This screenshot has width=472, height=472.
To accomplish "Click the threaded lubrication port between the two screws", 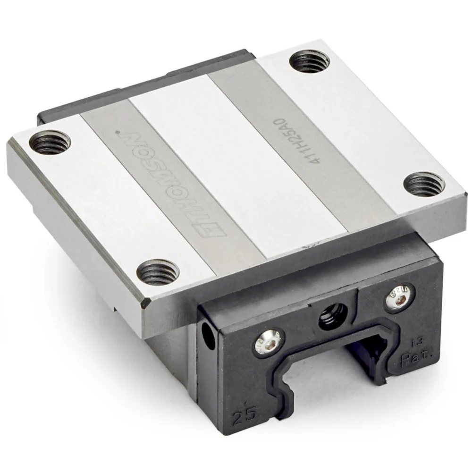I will click(x=333, y=320).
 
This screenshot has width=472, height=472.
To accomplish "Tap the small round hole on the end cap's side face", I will click(x=206, y=335).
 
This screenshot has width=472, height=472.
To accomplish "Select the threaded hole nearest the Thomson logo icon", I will click(x=160, y=271).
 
